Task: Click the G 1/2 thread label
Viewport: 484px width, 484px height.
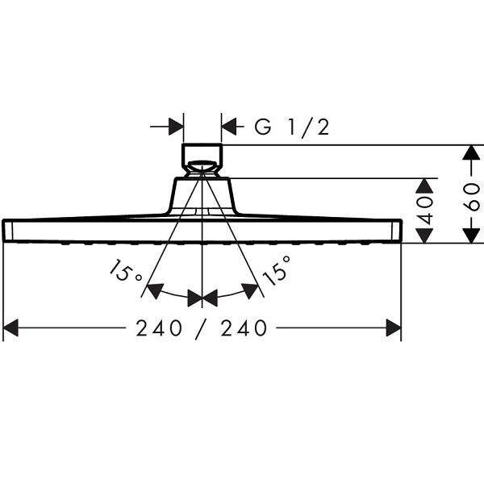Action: (x=292, y=127)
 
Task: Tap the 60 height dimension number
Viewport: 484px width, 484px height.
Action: (x=473, y=197)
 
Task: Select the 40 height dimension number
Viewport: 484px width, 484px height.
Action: (x=426, y=210)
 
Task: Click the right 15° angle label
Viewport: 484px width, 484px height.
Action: (x=277, y=269)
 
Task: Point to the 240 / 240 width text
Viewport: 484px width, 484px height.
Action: (x=201, y=328)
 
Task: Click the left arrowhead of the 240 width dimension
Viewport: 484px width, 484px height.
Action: (x=10, y=328)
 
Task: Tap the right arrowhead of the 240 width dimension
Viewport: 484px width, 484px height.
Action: (x=394, y=328)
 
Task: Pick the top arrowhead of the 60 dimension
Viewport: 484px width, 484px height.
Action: (x=471, y=152)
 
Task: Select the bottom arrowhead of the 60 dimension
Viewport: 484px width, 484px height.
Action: (x=471, y=236)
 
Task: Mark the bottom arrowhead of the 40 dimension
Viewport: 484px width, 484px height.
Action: (x=425, y=236)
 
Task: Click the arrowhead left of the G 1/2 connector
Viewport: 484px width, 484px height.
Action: (x=176, y=127)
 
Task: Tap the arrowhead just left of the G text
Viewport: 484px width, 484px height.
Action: (x=229, y=127)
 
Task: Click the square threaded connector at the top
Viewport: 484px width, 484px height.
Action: (x=202, y=161)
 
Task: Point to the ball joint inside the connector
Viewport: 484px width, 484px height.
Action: (x=202, y=167)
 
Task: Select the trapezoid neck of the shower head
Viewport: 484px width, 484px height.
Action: (x=202, y=195)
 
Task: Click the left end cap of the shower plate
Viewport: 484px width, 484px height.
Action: (x=8, y=231)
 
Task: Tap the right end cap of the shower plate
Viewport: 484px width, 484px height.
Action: (x=396, y=231)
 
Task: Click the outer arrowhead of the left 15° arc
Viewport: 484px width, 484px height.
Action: (x=154, y=290)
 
